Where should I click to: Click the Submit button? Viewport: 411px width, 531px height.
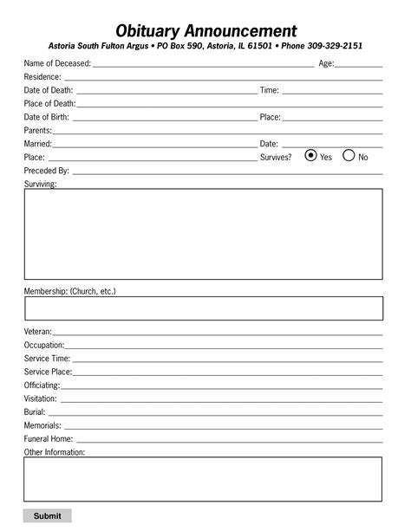[x=47, y=516]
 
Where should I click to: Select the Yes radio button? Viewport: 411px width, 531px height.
[x=310, y=157]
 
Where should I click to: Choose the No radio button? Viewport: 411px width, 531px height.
[x=349, y=157]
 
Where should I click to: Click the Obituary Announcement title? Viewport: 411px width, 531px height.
[x=205, y=31]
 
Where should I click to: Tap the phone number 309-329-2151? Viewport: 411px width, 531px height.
[x=335, y=46]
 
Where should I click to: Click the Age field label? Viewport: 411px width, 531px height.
[x=326, y=64]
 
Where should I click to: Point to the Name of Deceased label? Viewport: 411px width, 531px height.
[x=57, y=64]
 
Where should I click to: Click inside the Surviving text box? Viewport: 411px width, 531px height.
[x=203, y=233]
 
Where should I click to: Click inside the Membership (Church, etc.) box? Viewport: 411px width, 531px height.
[x=203, y=308]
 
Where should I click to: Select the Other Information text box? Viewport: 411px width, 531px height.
[x=203, y=479]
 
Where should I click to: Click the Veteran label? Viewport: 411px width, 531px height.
[x=38, y=332]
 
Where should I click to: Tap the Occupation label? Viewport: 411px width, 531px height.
[x=44, y=345]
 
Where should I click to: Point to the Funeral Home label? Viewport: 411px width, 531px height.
[x=48, y=439]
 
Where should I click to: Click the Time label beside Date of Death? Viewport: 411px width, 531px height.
[x=269, y=90]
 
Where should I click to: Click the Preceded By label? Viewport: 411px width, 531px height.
[x=46, y=171]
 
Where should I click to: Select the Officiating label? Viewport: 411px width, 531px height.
[x=42, y=385]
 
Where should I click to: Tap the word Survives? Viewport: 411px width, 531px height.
[x=276, y=158]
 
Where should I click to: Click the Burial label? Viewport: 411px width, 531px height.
[x=35, y=412]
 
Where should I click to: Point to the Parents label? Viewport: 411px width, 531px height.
[x=38, y=130]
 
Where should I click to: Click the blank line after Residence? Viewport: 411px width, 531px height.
[x=217, y=78]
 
